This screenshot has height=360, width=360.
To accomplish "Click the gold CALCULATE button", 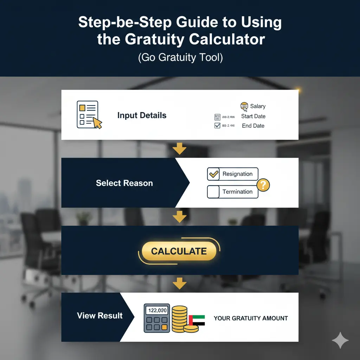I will click(x=179, y=251).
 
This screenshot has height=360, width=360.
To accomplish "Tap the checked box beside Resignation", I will click(x=213, y=174).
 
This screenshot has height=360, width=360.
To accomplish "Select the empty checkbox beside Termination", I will click(x=213, y=192).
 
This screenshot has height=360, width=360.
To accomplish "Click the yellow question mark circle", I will click(x=263, y=184).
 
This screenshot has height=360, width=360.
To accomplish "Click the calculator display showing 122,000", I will click(x=157, y=310).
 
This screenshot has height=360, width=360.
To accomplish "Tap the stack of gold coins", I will click(x=180, y=318).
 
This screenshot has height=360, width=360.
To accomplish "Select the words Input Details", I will click(x=142, y=115).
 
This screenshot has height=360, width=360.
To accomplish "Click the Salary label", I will click(x=258, y=106).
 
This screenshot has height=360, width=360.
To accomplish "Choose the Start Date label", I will click(x=253, y=116).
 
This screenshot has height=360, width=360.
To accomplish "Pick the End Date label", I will click(x=253, y=126).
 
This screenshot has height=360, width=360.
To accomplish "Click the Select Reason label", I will click(x=124, y=183).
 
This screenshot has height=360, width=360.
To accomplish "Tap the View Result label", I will click(x=100, y=315).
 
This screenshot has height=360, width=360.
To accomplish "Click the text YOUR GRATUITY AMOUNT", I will click(x=251, y=319).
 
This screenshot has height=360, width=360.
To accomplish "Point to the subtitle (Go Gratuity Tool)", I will click(x=180, y=57).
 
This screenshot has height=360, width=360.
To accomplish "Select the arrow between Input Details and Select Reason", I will click(x=180, y=149).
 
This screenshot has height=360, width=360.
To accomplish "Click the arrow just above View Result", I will click(x=180, y=283).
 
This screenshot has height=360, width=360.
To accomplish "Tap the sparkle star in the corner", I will click(x=340, y=340).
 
